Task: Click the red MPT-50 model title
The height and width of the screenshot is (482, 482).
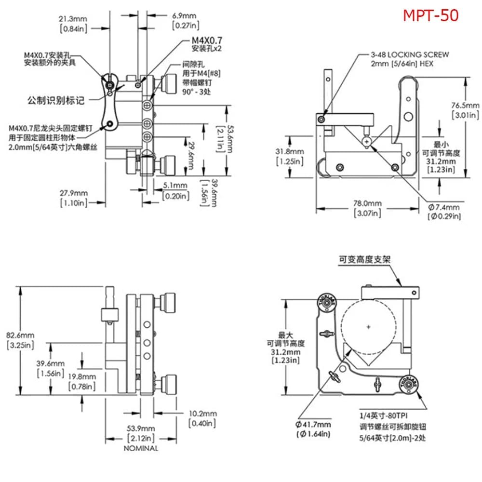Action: [431, 15]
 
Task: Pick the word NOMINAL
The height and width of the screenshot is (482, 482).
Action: [141, 448]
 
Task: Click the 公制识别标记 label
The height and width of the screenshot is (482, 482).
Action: [56, 101]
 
